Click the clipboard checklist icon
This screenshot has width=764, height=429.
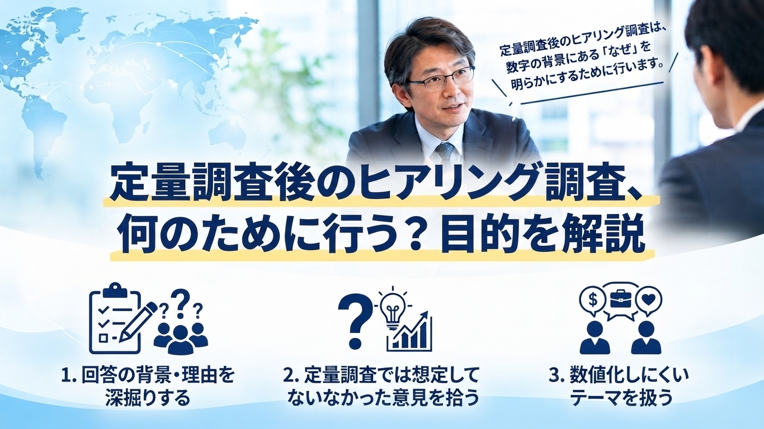pyautogui.click(x=115, y=318)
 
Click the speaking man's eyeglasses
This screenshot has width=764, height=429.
pyautogui.click(x=441, y=79)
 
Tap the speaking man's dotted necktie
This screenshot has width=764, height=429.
pyautogui.click(x=445, y=152)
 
